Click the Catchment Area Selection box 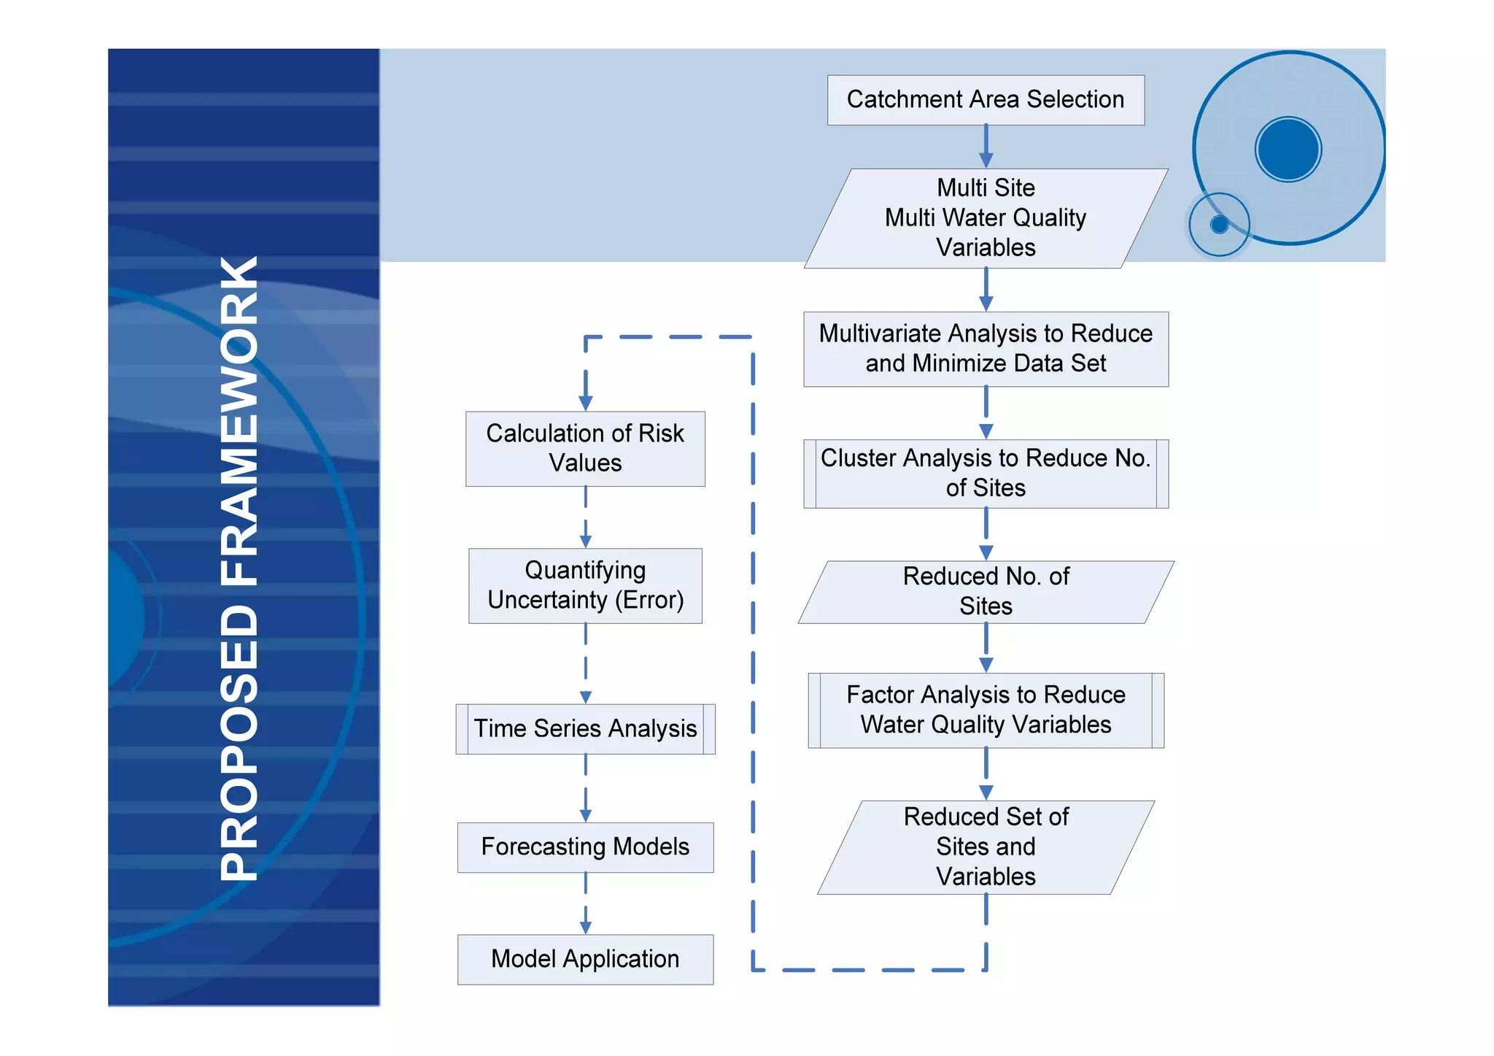click(x=985, y=100)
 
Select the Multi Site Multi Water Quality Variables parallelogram click(x=985, y=218)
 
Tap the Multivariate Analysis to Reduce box click(x=985, y=349)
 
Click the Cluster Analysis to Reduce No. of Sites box click(x=985, y=474)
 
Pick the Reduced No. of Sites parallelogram click(x=985, y=592)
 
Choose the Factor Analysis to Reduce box click(x=985, y=710)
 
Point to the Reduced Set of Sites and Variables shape click(x=985, y=847)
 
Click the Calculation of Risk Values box click(x=585, y=449)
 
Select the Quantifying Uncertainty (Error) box click(x=585, y=585)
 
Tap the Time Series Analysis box click(x=585, y=728)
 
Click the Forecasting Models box click(x=585, y=847)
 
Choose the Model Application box click(x=585, y=959)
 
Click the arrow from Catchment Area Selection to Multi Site click(x=986, y=146)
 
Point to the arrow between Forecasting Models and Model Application click(x=585, y=903)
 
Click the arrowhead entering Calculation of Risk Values click(x=585, y=402)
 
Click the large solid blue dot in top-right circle click(x=1288, y=149)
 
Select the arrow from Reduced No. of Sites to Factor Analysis click(x=986, y=648)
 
